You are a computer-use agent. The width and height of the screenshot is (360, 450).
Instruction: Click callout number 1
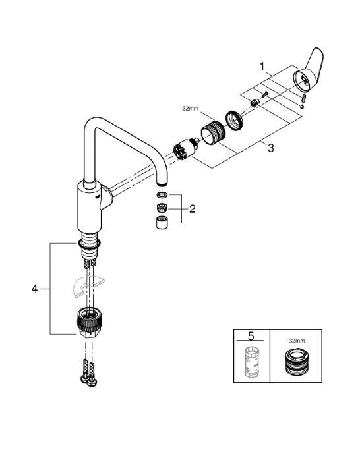(x=262, y=67)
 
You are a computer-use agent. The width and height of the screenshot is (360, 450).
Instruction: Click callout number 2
(x=193, y=210)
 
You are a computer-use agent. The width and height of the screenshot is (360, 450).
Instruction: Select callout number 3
(x=270, y=149)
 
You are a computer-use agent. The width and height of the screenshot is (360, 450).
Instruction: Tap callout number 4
(x=35, y=288)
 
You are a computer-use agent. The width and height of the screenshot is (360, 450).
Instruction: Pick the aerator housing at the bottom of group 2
(x=161, y=223)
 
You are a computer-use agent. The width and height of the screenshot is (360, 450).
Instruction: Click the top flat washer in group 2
(x=161, y=196)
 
